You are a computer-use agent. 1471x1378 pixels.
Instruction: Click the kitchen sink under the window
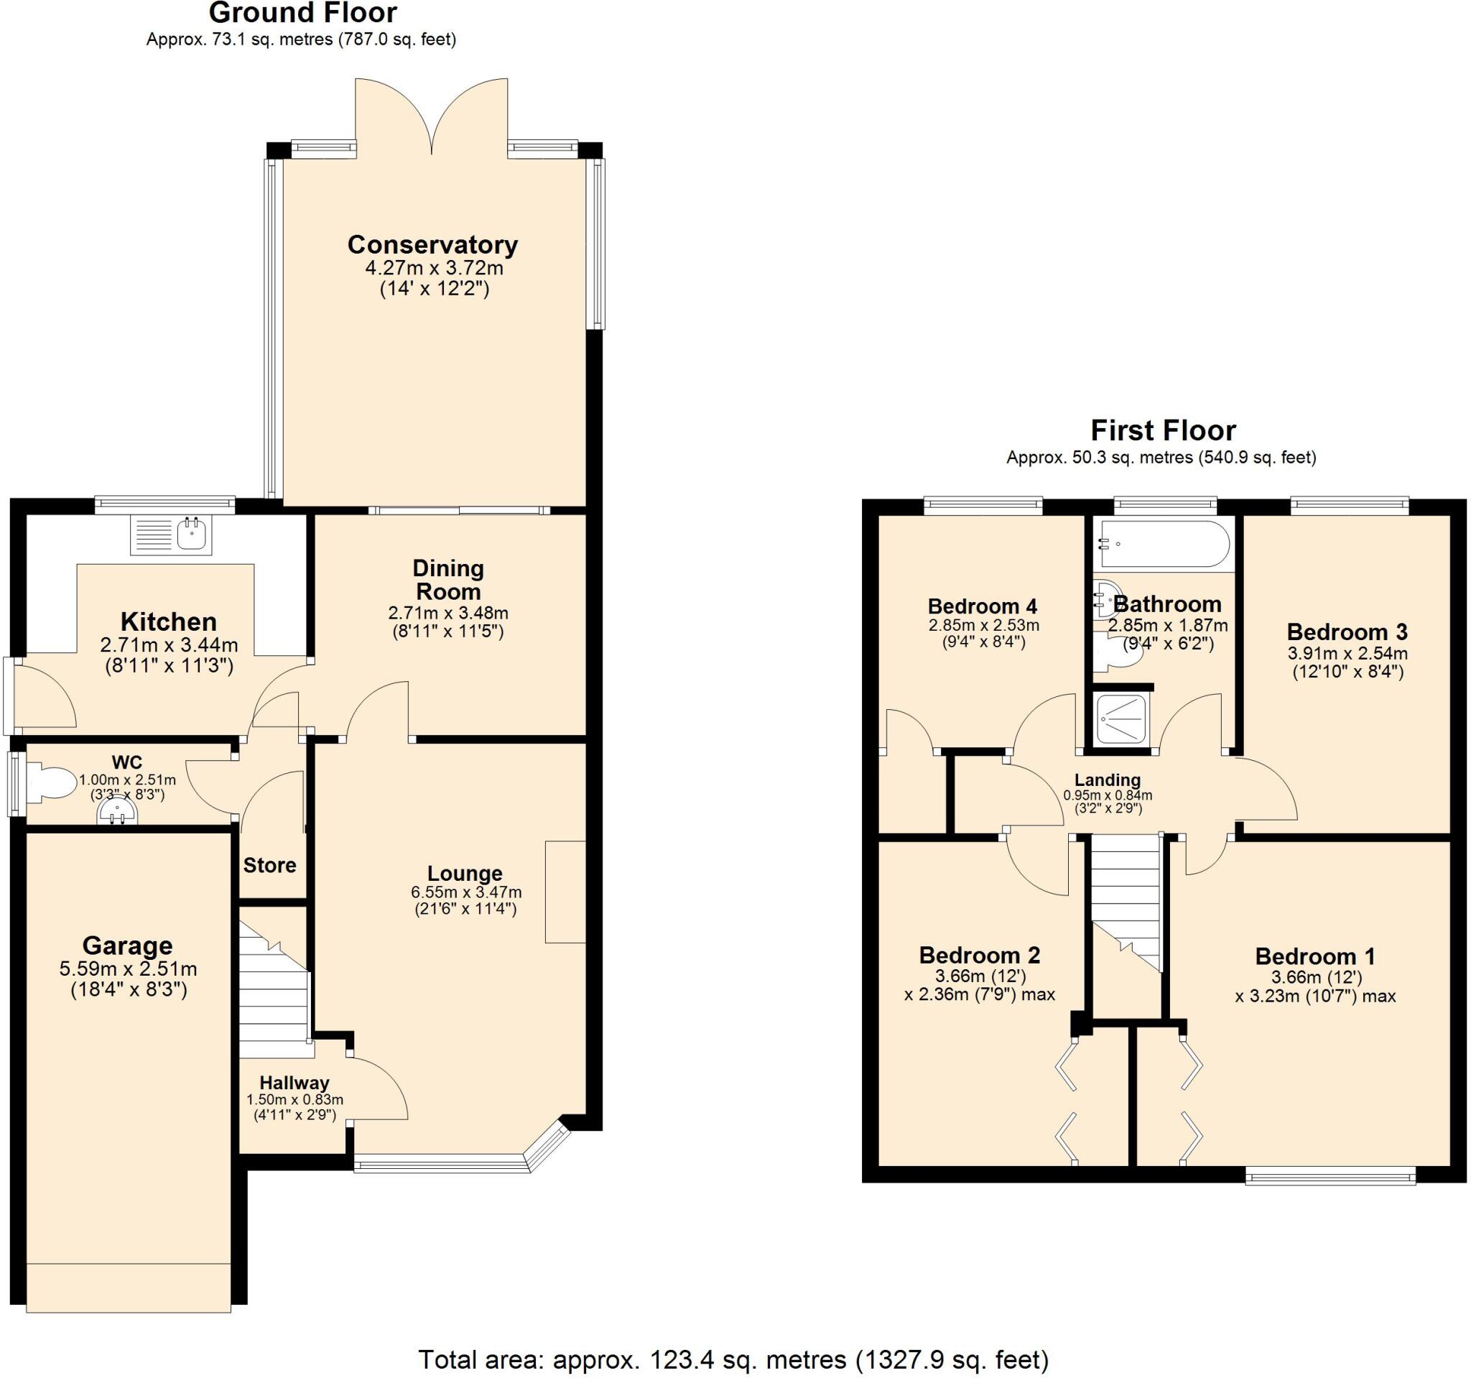[172, 535]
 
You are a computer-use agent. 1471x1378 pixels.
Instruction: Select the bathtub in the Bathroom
[1164, 544]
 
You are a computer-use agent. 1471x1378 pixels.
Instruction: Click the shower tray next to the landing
[1122, 718]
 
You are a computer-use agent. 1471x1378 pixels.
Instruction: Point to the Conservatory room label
[432, 244]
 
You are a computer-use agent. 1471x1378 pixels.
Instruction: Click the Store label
[269, 865]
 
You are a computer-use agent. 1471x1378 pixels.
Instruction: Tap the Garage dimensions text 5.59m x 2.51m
[128, 968]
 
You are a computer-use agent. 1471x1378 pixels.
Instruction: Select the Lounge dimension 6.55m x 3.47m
[466, 892]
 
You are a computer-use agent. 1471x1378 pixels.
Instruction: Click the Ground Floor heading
[302, 14]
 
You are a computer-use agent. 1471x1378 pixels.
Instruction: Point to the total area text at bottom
[733, 1359]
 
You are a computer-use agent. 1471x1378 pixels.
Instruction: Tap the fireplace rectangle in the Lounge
[565, 892]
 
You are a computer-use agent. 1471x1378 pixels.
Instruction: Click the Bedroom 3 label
[1347, 632]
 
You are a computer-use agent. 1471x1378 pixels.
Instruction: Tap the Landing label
[1107, 780]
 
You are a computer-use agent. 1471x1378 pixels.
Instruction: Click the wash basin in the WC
[117, 814]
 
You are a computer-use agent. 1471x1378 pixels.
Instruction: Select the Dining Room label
[447, 580]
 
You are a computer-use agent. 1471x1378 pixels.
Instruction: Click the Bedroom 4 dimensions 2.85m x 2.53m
[983, 625]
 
